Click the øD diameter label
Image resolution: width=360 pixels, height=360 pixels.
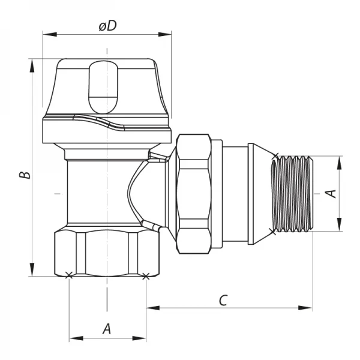pyautogui.click(x=107, y=27)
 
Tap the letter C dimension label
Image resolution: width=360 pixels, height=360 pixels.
pyautogui.click(x=222, y=300)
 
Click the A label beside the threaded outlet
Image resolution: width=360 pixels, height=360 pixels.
pyautogui.click(x=329, y=193)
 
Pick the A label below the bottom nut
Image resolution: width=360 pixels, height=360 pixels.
pyautogui.click(x=107, y=328)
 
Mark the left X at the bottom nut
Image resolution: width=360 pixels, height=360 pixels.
pyautogui.click(x=68, y=276)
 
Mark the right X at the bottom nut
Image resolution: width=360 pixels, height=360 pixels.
pyautogui.click(x=145, y=276)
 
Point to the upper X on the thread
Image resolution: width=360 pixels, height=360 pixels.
pyautogui.click(x=275, y=157)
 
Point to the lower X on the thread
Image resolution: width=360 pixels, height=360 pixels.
pyautogui.click(x=275, y=230)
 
